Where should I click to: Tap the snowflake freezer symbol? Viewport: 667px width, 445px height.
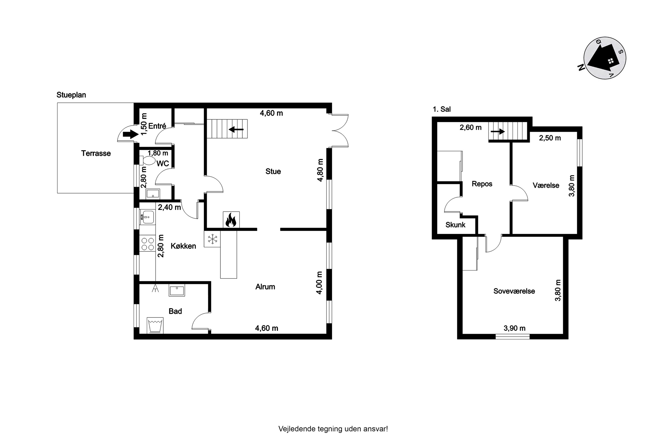tap(212, 239)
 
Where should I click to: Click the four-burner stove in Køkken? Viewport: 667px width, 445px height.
tap(147, 244)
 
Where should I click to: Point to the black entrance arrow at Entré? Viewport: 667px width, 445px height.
tap(131, 134)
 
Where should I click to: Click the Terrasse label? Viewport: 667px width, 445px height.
tap(96, 153)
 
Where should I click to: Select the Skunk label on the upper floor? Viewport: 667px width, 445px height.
tap(455, 225)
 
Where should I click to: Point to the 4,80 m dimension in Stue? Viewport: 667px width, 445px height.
tap(320, 170)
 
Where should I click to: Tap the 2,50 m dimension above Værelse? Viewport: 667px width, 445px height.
tap(550, 138)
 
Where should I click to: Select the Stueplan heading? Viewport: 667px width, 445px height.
tap(71, 95)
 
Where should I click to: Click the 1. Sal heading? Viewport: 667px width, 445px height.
tap(442, 109)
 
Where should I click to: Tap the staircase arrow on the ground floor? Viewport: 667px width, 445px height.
tap(236, 130)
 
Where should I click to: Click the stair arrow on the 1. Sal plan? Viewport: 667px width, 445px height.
tap(498, 131)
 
